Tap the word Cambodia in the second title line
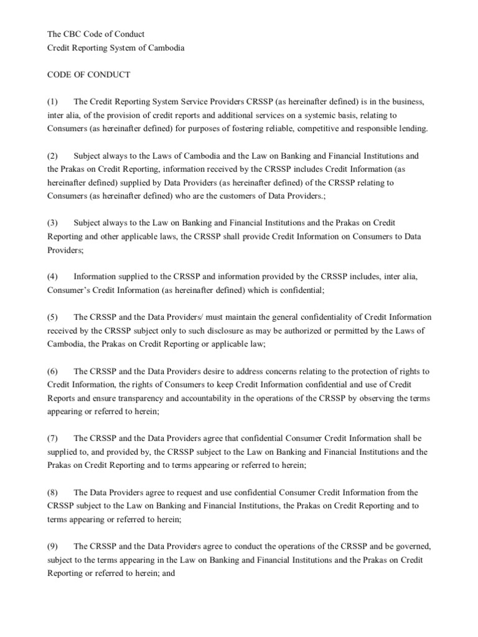click(163, 48)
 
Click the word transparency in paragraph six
click(141, 398)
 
